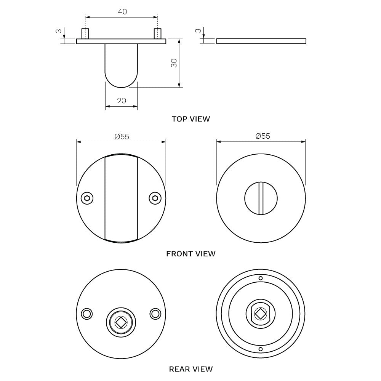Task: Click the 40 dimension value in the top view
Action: (x=122, y=12)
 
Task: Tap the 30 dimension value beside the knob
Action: (x=174, y=63)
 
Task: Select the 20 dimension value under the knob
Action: (x=122, y=101)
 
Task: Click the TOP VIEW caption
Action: (x=190, y=119)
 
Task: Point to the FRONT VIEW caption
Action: (x=190, y=253)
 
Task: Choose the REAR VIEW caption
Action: (x=190, y=369)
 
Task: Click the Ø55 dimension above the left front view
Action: (x=122, y=136)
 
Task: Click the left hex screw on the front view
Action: (x=87, y=198)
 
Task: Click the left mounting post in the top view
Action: (x=85, y=34)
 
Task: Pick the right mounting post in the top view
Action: (x=157, y=34)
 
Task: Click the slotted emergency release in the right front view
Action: (x=261, y=198)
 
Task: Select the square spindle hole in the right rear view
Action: (x=261, y=314)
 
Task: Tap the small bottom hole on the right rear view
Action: (x=261, y=349)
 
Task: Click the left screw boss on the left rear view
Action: (x=87, y=314)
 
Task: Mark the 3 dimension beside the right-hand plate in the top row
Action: (x=197, y=30)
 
